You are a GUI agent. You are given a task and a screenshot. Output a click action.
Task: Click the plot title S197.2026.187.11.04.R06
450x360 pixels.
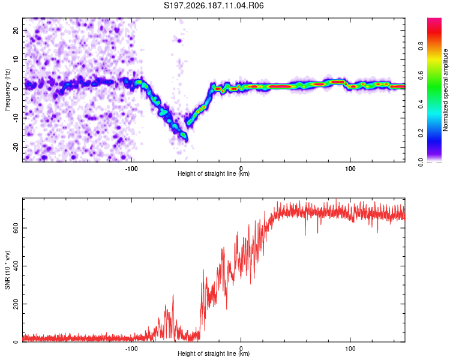214,5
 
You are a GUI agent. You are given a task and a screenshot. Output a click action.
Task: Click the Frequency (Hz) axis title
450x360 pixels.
7,90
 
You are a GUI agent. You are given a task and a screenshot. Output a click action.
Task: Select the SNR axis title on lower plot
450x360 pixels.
7,270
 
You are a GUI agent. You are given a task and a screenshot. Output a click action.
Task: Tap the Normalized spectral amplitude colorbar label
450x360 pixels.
445,90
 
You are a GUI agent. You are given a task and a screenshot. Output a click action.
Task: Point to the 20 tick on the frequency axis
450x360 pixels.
16,30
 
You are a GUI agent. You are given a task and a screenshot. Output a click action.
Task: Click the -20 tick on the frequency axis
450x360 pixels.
16,147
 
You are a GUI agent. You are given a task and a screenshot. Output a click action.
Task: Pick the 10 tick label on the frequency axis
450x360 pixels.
16,59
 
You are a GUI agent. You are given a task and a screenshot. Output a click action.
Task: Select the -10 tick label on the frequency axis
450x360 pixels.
16,118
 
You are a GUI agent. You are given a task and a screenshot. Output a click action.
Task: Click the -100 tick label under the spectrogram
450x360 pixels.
131,169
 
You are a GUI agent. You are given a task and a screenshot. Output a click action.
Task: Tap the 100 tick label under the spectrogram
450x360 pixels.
350,169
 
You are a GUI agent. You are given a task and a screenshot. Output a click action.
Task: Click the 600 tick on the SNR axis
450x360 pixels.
16,228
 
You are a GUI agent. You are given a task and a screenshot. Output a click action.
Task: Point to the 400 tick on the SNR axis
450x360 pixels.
16,266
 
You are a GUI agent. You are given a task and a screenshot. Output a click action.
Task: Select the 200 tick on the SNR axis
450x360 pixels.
16,304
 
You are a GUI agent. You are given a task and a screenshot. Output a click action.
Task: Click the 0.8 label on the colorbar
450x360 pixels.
421,46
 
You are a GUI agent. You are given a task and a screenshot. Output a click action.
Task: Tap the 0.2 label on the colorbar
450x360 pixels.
421,133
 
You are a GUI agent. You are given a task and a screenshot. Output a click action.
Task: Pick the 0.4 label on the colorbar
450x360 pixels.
421,104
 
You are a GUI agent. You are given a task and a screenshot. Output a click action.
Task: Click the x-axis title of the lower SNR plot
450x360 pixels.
214,353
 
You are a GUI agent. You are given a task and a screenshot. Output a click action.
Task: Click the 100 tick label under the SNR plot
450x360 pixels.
350,349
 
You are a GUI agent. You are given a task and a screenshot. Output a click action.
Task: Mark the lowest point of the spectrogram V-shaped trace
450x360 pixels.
187,140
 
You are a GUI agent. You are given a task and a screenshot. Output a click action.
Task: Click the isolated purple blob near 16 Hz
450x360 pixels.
179,41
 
